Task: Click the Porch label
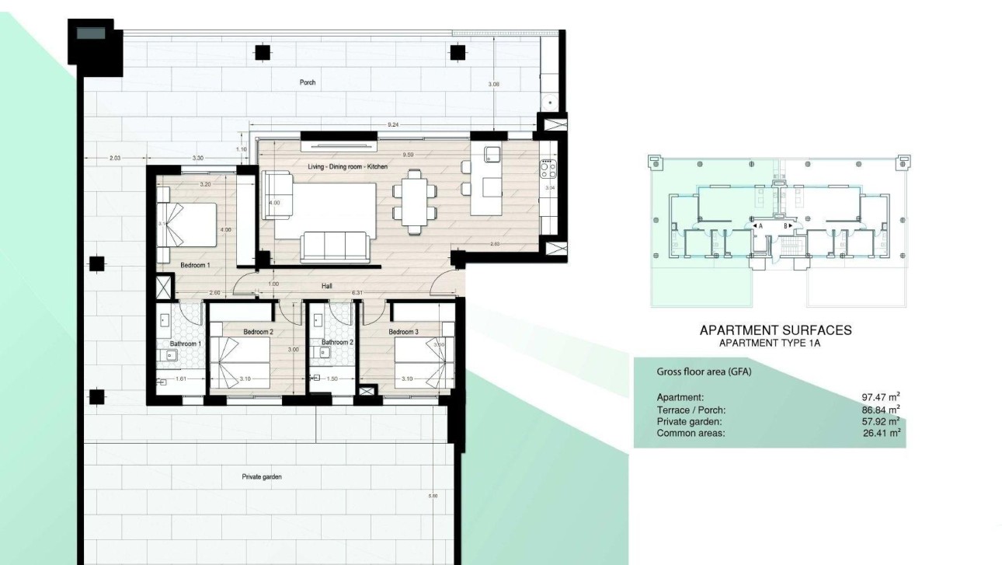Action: pos(308,82)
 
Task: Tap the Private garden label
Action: pos(262,476)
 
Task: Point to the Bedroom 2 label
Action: pos(258,332)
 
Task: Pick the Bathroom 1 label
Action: pos(186,343)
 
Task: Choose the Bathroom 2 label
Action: pos(338,342)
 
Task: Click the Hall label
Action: pos(327,286)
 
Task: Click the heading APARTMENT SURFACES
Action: pos(775,330)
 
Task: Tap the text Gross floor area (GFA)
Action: pos(704,371)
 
